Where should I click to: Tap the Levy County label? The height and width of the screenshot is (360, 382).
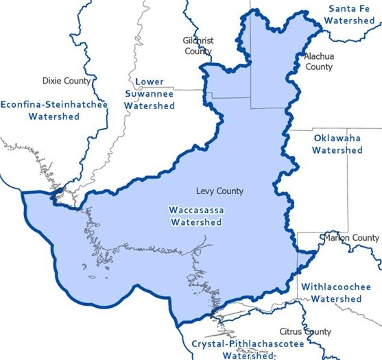coord(219,191)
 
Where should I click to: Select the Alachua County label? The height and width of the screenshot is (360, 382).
coord(318,62)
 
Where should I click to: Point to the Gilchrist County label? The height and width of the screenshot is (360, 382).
coord(198,46)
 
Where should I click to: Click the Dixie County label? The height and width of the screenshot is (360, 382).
coord(67,81)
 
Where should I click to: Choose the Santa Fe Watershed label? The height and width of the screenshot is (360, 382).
coord(350,14)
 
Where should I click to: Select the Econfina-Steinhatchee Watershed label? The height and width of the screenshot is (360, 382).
coord(54,110)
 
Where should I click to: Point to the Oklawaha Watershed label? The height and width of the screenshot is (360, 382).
coord(337,143)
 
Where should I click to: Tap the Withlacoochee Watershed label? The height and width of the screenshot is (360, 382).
coord(336,293)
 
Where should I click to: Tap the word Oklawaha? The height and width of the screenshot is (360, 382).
coord(337,137)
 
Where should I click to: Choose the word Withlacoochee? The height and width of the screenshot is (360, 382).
coord(336,287)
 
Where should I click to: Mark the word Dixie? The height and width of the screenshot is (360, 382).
coord(52,81)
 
